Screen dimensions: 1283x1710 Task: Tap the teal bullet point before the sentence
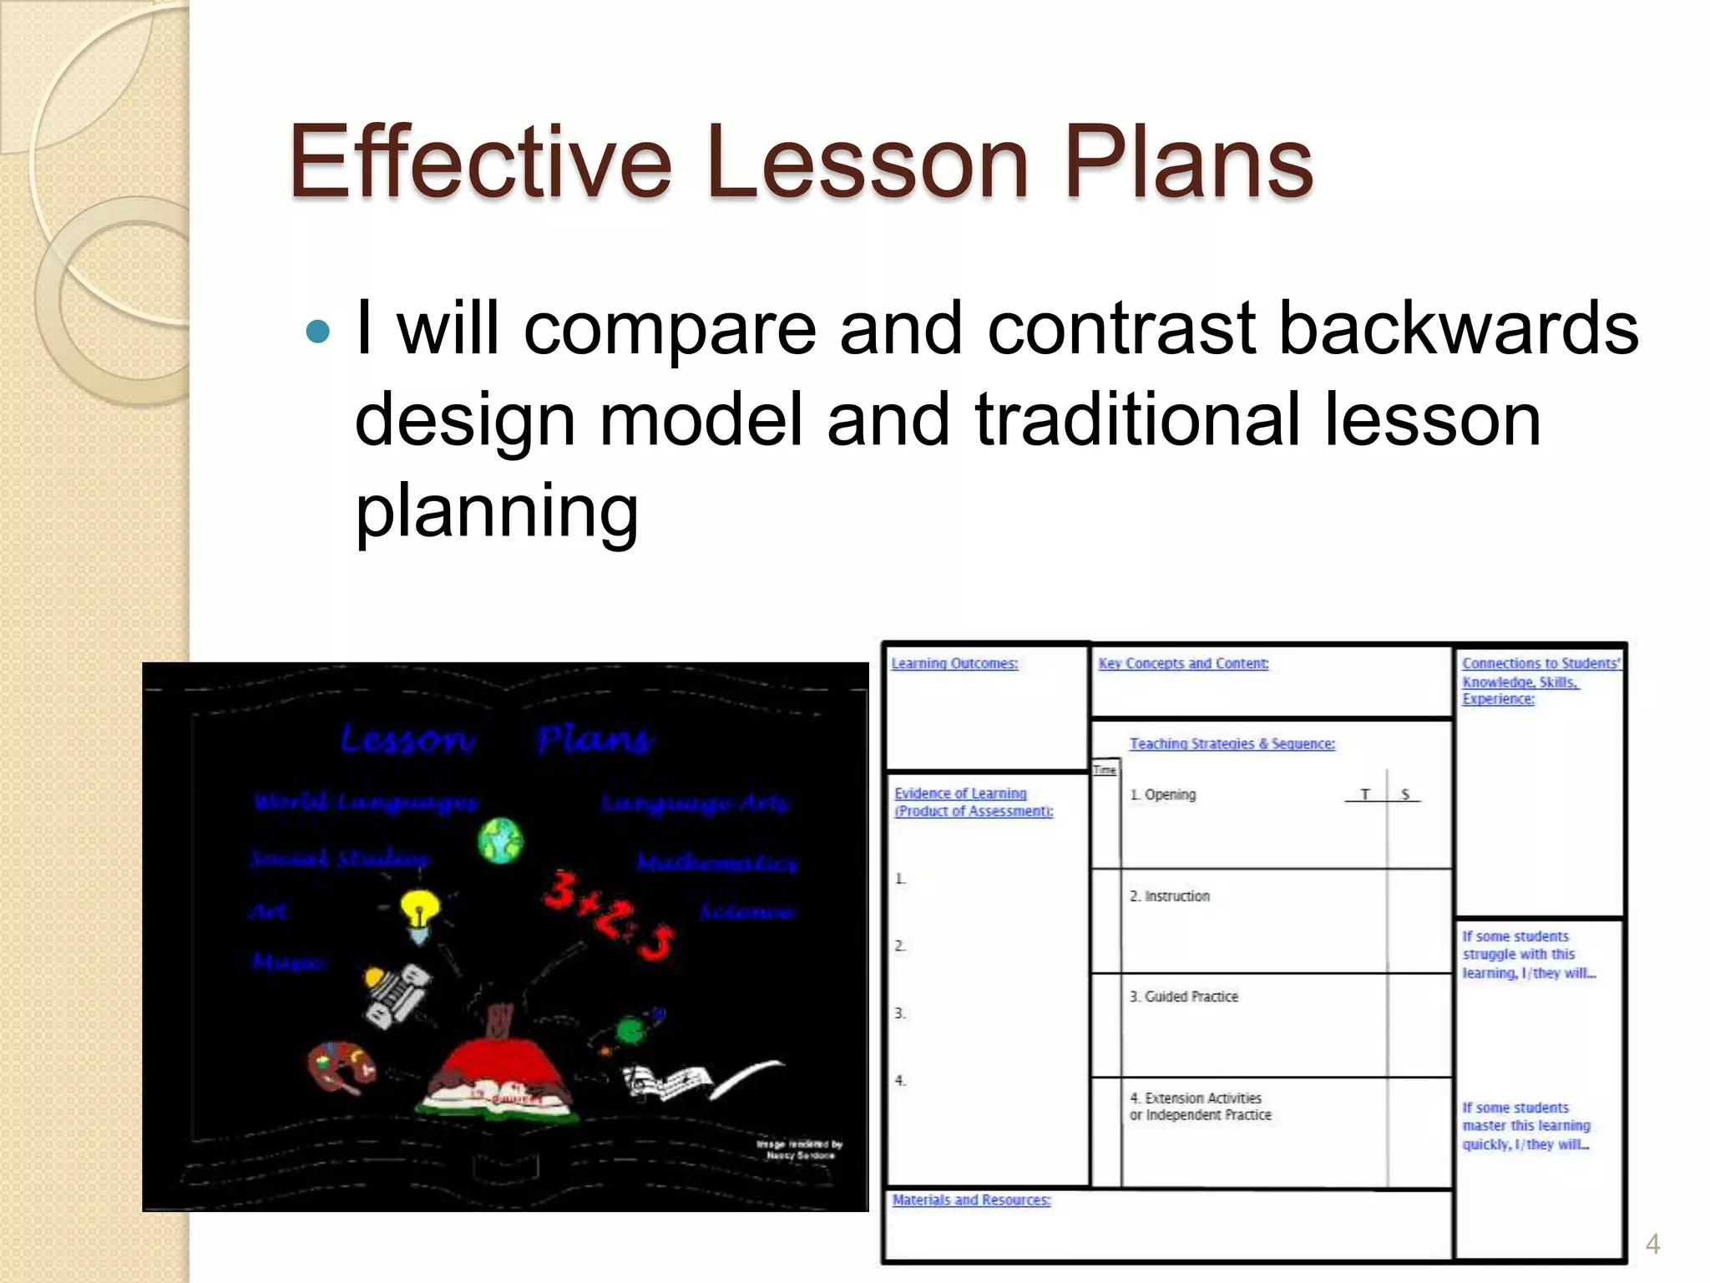[318, 332]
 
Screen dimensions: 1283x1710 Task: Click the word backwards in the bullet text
[1458, 329]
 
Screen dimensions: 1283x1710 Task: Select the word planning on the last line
[497, 511]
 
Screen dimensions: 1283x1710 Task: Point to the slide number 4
[1652, 1244]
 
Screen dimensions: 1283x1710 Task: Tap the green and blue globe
[500, 840]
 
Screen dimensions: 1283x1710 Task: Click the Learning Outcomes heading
[954, 663]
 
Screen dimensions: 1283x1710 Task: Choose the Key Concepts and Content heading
[1182, 663]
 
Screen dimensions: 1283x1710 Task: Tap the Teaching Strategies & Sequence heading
[1232, 743]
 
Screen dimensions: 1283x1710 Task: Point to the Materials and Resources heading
[970, 1199]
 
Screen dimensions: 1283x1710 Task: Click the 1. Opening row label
[1162, 794]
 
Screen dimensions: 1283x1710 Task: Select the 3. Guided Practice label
[1183, 996]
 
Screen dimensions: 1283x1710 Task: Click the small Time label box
[1104, 769]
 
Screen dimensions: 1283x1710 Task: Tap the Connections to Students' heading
[1539, 663]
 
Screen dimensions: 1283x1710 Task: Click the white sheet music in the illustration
[668, 1082]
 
